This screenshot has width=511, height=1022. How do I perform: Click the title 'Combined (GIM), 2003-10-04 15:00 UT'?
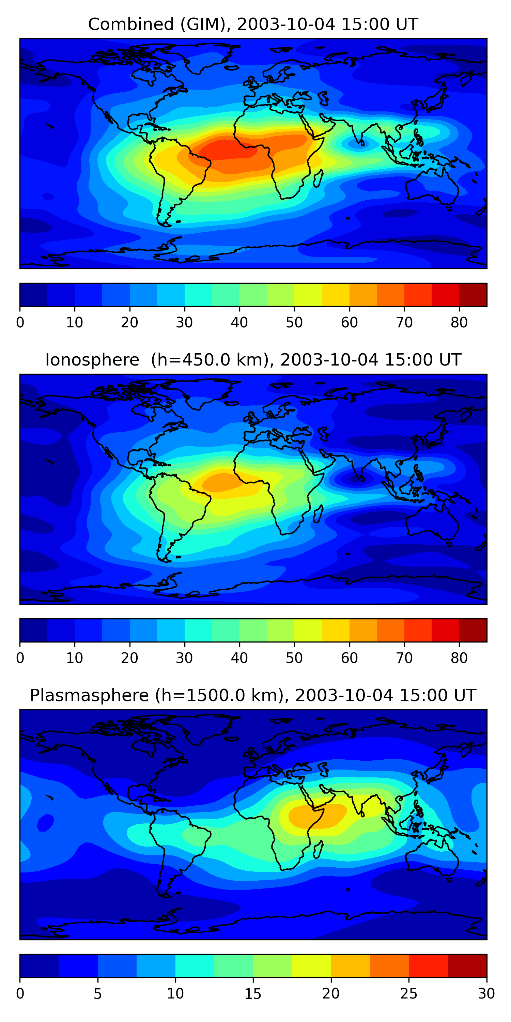(253, 25)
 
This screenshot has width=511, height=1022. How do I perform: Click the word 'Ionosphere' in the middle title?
(92, 360)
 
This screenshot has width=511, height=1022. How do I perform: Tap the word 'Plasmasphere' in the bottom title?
(89, 696)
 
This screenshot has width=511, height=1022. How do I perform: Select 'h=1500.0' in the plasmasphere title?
(192, 696)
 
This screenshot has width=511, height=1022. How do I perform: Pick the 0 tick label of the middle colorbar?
(20, 658)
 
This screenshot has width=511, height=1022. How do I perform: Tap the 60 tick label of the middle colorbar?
(349, 658)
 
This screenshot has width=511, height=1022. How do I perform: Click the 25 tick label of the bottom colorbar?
(409, 994)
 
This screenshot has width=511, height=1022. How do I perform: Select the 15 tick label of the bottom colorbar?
(253, 994)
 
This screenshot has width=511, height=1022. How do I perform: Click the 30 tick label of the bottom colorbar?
(486, 994)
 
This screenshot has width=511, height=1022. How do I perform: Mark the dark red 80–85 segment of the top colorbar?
(473, 295)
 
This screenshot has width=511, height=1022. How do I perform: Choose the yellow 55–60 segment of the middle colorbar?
(335, 630)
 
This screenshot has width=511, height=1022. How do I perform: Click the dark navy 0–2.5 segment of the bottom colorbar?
(39, 966)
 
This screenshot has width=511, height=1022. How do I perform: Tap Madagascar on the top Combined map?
(318, 178)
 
